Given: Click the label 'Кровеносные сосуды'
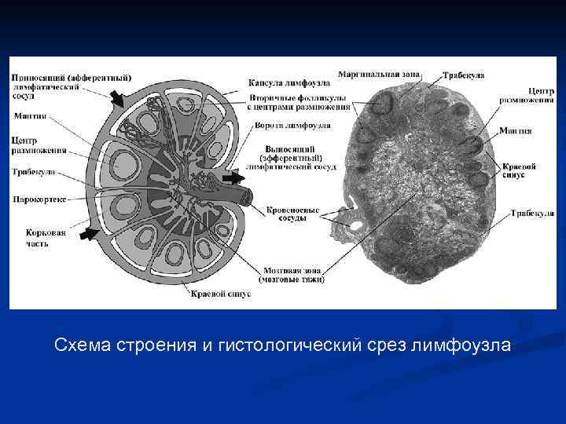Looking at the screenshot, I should tap(292, 214).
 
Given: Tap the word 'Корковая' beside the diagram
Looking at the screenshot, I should tap(28, 232).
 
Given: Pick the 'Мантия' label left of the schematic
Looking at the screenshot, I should tap(30, 116).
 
